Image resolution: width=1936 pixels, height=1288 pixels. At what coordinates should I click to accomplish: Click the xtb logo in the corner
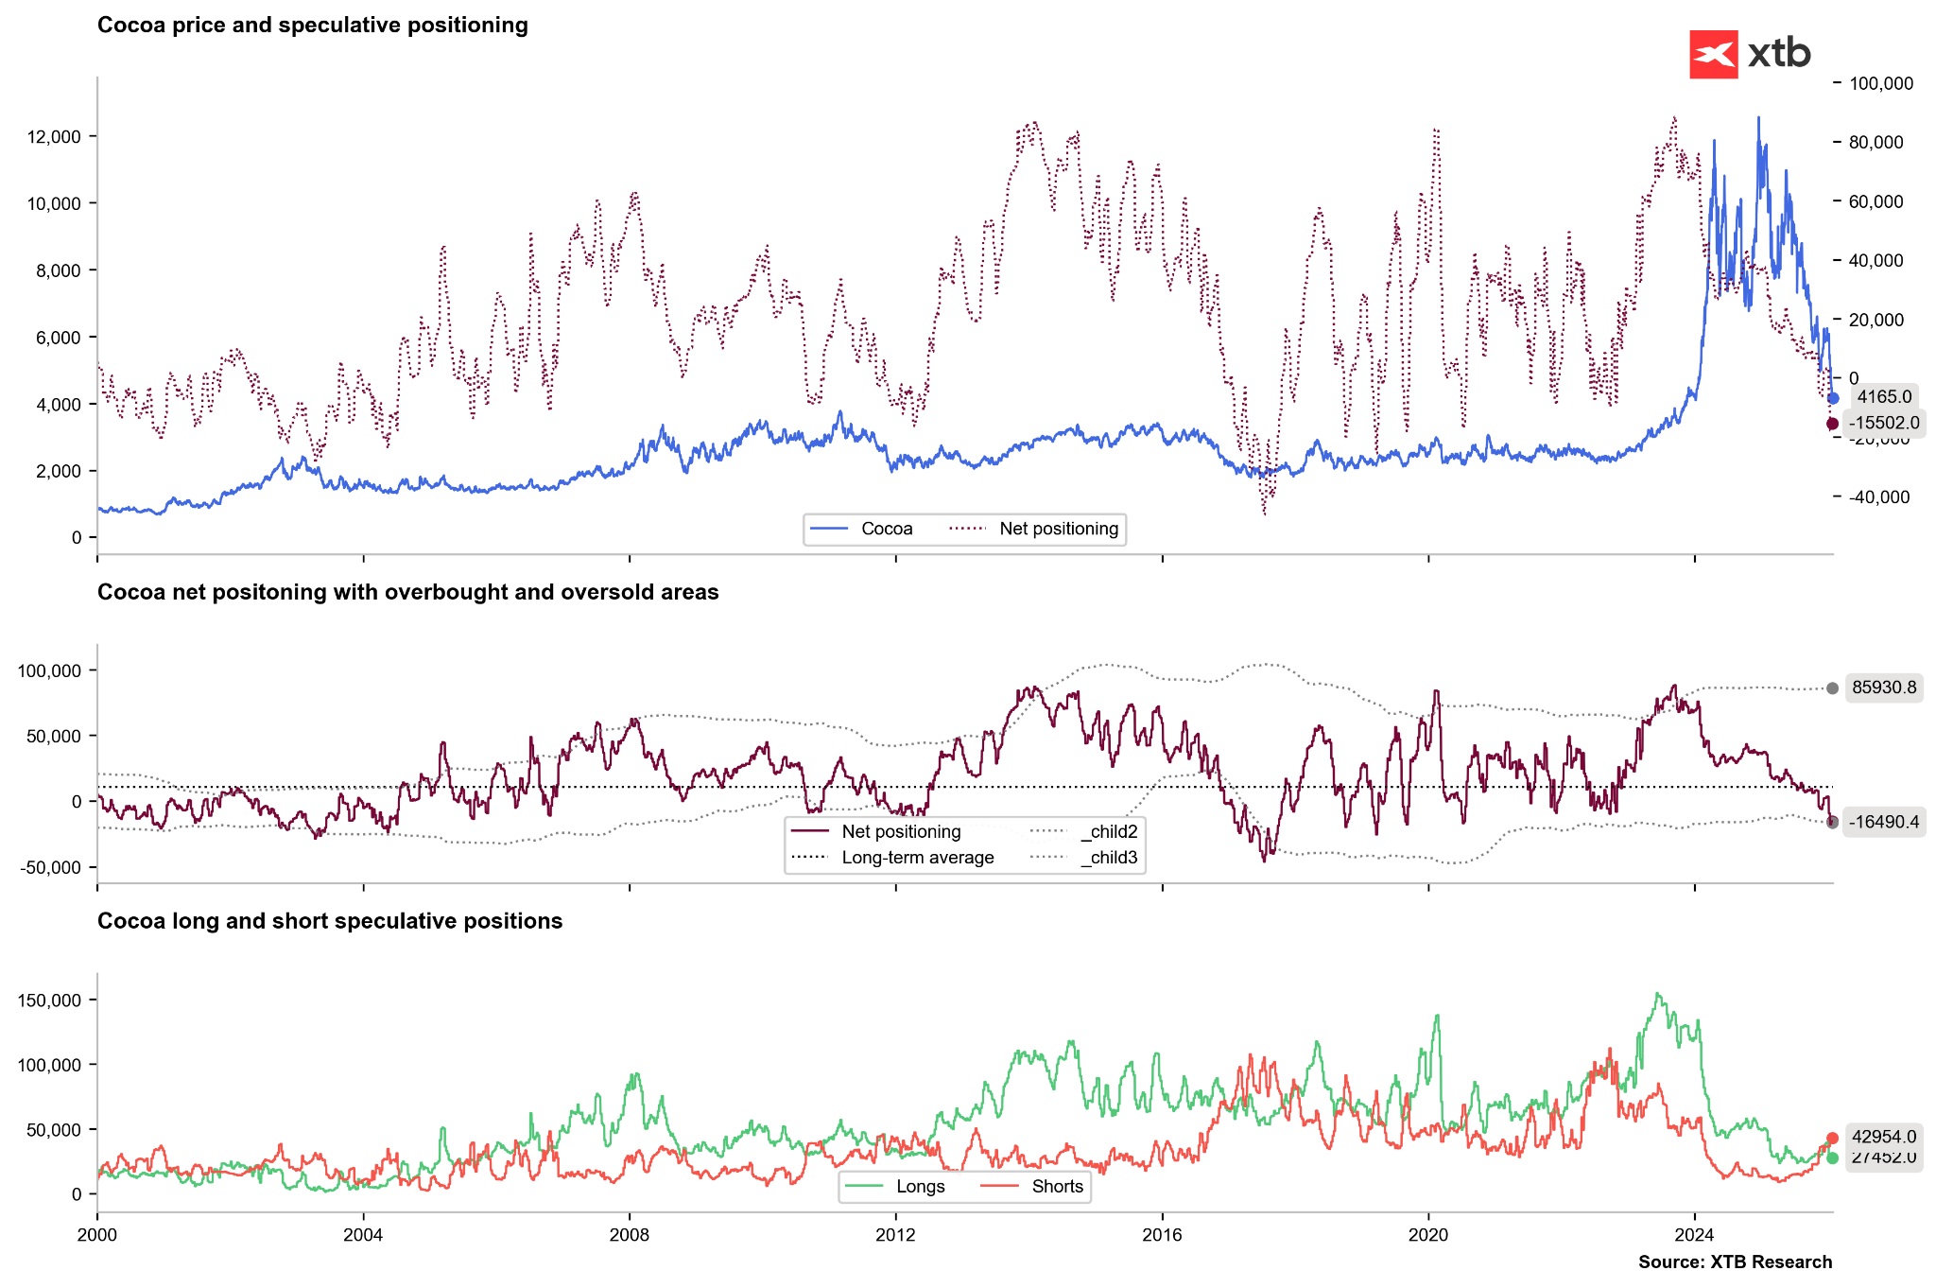(1749, 54)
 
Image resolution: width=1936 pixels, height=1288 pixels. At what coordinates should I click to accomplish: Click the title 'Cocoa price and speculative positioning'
(312, 26)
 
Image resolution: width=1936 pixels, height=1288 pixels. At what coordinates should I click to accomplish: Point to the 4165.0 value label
(1883, 397)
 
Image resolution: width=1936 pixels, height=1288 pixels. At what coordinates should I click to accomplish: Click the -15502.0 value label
(1883, 423)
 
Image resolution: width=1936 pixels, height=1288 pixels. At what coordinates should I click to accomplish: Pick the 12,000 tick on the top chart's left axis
(54, 136)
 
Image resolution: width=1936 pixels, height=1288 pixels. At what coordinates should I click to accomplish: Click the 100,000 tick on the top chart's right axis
(1880, 83)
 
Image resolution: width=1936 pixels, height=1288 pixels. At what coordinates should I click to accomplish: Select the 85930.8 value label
(1883, 688)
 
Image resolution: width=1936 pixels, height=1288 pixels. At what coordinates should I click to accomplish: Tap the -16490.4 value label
(1883, 822)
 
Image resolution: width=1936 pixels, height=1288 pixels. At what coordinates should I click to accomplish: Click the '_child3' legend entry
(1108, 858)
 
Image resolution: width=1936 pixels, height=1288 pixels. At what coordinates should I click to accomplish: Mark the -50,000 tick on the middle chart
(49, 867)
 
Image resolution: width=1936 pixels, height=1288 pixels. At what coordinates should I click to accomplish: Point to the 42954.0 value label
(1883, 1137)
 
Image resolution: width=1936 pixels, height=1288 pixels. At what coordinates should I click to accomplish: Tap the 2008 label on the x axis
(630, 1234)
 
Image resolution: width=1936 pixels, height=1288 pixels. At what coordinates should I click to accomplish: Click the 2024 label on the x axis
(1694, 1234)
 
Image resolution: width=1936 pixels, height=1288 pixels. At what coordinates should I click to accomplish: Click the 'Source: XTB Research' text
(1735, 1262)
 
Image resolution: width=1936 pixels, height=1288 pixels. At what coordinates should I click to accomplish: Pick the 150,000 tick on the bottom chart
(49, 1000)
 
